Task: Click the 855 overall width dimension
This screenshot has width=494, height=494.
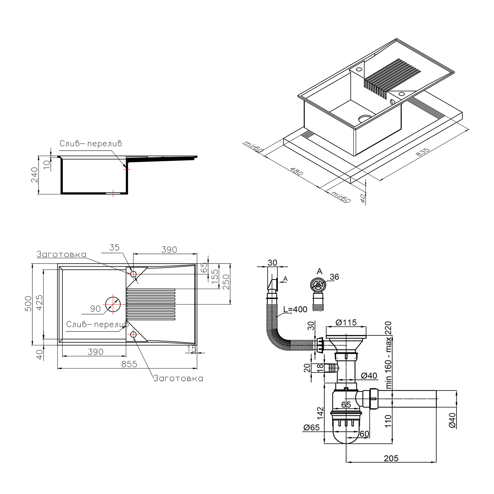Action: pyautogui.click(x=129, y=364)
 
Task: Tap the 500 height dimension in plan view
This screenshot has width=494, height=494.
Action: pyautogui.click(x=28, y=304)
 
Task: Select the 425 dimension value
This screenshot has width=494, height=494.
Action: pyautogui.click(x=39, y=303)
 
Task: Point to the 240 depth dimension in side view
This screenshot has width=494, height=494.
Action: pyautogui.click(x=34, y=175)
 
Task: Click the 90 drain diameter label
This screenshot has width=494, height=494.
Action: pyautogui.click(x=95, y=309)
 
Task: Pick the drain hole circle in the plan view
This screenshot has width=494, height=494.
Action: pyautogui.click(x=113, y=304)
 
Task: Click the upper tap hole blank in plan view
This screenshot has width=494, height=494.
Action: pyautogui.click(x=133, y=274)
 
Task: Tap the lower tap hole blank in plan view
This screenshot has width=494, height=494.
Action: pyautogui.click(x=133, y=334)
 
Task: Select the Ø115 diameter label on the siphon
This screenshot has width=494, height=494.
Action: pyautogui.click(x=346, y=323)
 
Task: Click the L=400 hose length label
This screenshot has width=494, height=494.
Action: pyautogui.click(x=295, y=309)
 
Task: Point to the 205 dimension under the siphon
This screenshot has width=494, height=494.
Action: pyautogui.click(x=391, y=458)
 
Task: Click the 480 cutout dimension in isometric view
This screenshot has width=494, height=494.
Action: pyautogui.click(x=297, y=171)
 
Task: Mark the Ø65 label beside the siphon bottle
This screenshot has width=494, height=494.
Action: pyautogui.click(x=311, y=428)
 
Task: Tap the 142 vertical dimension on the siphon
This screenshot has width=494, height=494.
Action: pyautogui.click(x=320, y=413)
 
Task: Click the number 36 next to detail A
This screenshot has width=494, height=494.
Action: pyautogui.click(x=334, y=277)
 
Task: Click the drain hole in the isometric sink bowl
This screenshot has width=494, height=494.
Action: pyautogui.click(x=365, y=118)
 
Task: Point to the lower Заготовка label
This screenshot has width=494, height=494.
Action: pyautogui.click(x=178, y=378)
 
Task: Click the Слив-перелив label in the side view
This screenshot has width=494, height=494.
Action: pyautogui.click(x=91, y=144)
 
